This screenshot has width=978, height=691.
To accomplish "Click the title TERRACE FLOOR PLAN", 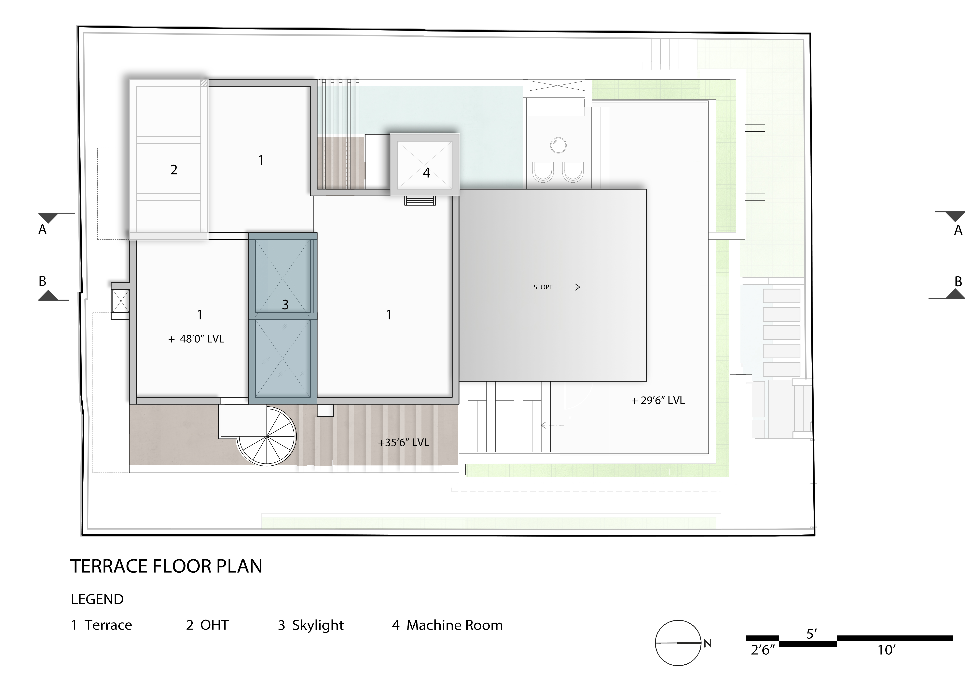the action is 166,566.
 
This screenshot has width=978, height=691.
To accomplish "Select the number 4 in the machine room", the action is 426,173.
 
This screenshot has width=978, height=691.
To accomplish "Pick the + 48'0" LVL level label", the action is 196,339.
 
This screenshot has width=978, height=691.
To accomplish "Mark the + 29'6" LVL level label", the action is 658,400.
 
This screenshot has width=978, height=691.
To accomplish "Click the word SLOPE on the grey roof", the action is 543,287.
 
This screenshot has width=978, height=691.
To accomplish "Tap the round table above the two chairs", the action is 558,145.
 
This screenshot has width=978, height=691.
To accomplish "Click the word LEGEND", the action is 97,600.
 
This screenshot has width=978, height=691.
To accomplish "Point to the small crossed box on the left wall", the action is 120,301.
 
